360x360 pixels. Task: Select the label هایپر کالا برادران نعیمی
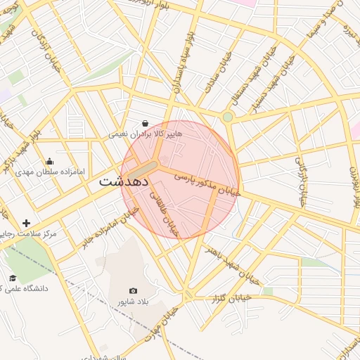(145, 134)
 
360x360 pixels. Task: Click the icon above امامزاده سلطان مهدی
(49, 162)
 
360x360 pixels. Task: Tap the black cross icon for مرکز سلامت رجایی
(27, 223)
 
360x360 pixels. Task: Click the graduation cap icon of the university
(12, 278)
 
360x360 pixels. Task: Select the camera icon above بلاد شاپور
(134, 290)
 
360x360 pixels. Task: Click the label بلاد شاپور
(134, 301)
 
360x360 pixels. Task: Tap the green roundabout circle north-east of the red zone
(228, 117)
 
